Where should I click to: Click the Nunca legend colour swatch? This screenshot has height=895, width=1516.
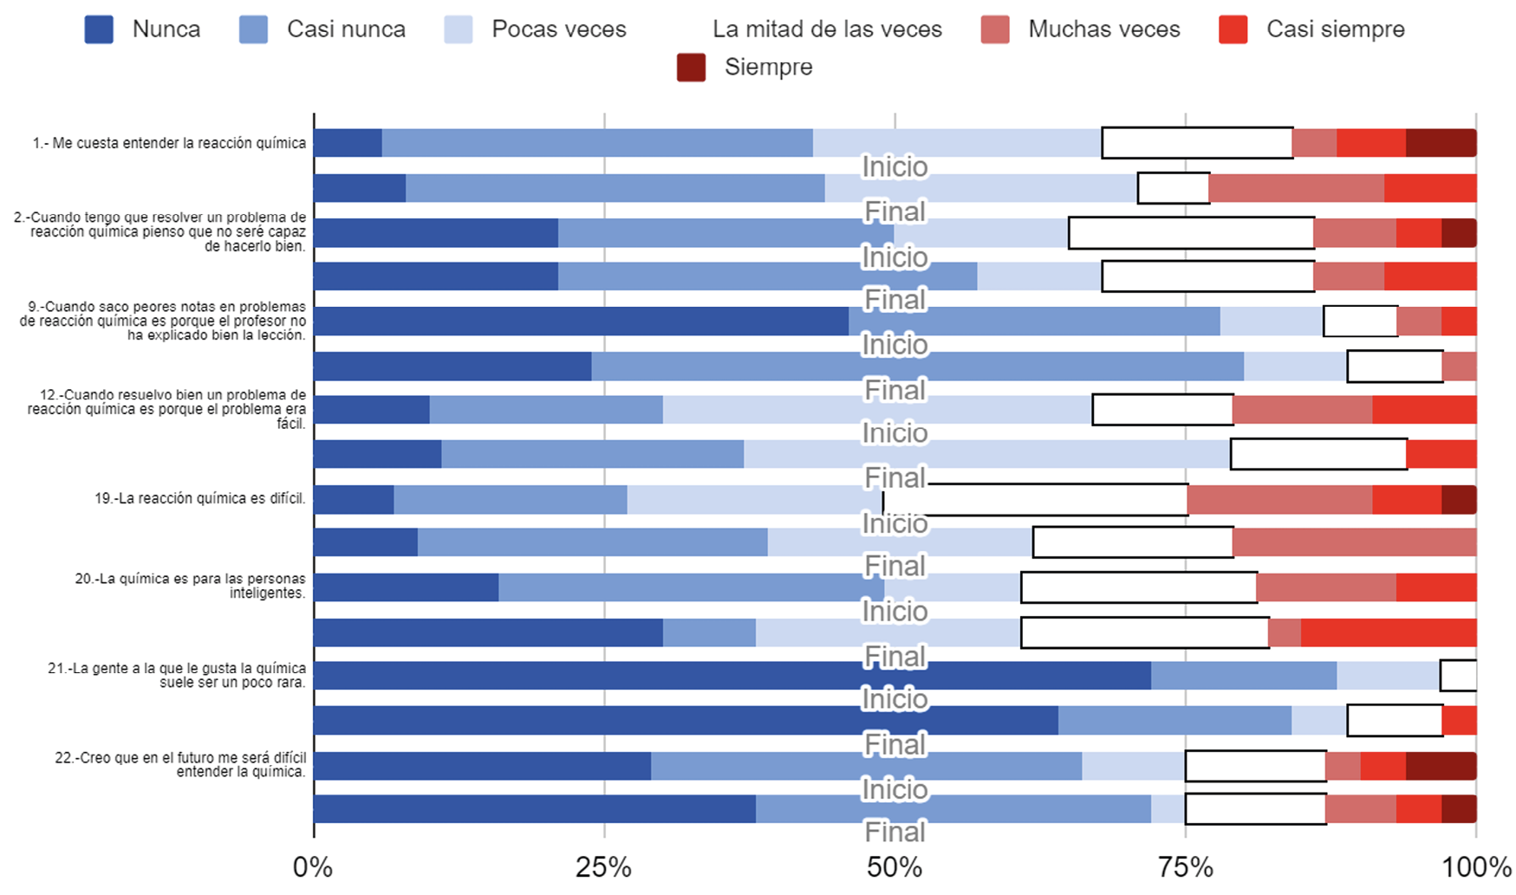[99, 29]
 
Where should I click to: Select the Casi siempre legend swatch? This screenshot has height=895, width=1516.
[1233, 29]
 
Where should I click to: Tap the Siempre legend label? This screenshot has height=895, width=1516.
[768, 67]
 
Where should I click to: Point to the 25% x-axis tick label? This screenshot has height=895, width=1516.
[603, 867]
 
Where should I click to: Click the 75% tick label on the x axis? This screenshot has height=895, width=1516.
[1185, 867]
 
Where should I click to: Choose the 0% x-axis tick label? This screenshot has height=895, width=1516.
[313, 867]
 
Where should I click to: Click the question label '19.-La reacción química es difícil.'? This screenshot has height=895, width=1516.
[199, 498]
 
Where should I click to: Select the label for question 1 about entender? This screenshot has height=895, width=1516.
[169, 143]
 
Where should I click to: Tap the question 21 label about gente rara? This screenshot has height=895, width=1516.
[177, 675]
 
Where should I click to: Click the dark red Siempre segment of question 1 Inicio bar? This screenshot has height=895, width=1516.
[1441, 143]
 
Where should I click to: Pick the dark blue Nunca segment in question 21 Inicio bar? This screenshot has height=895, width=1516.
[732, 676]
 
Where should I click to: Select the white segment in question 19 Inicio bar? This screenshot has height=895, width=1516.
[1035, 500]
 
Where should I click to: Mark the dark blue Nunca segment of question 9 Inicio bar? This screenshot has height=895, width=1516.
[581, 321]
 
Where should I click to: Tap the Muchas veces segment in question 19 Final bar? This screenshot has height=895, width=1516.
[1354, 542]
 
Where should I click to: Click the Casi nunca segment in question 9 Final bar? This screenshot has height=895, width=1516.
[917, 366]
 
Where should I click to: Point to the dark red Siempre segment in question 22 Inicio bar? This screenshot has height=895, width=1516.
[1441, 766]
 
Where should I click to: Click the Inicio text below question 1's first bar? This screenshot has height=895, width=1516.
[895, 166]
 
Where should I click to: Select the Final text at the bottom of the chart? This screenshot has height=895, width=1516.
[895, 832]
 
